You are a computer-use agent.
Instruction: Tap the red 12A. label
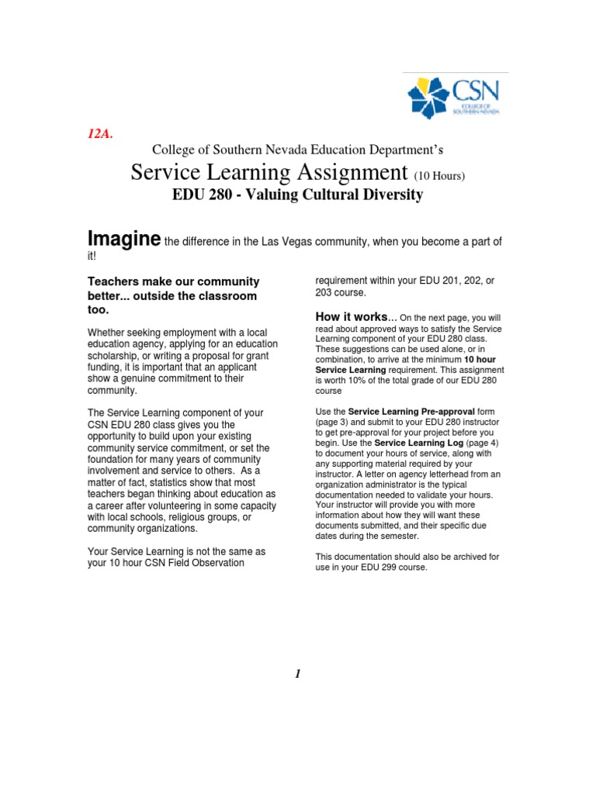pos(99,134)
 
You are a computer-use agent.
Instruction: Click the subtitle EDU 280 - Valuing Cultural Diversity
pos(297,195)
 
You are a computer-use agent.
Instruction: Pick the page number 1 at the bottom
pos(297,674)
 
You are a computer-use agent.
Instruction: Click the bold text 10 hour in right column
pos(480,360)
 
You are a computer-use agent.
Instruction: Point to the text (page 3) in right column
pos(331,421)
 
